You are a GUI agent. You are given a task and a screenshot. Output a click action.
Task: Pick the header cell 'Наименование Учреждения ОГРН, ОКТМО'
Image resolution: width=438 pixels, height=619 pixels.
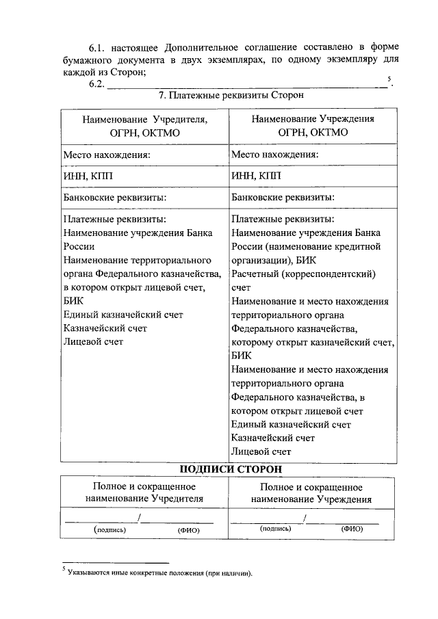[312, 125]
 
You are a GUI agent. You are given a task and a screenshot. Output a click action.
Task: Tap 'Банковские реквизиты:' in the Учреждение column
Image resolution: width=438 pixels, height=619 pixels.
[283, 198]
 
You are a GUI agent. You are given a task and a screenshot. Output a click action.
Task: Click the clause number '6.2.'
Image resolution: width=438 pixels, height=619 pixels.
[96, 85]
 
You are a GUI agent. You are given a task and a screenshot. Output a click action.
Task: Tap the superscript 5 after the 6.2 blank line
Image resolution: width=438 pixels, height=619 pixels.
[389, 79]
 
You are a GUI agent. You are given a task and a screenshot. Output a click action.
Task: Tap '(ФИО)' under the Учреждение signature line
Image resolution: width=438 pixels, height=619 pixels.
[352, 529]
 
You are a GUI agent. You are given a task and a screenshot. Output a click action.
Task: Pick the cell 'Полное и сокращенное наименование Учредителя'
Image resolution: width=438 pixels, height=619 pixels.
[144, 492]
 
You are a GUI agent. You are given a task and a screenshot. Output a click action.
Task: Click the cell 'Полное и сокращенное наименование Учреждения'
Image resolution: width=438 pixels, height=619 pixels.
[311, 492]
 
